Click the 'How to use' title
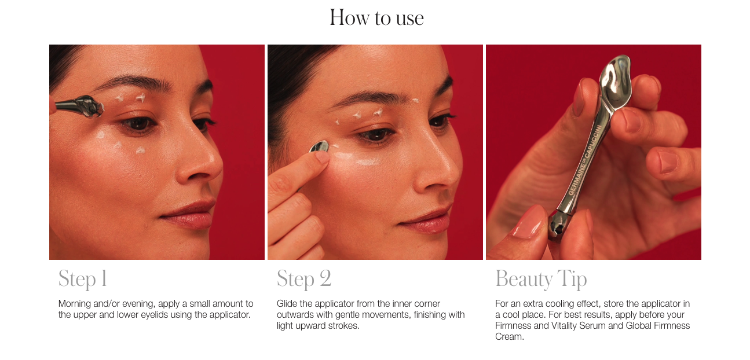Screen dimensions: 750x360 point(376,17)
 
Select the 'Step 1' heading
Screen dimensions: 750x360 point(83,279)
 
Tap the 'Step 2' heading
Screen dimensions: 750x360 point(304,279)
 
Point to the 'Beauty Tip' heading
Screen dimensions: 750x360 point(541,279)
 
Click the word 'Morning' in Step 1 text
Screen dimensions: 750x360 point(74,304)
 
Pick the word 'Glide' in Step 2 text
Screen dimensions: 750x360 point(287,303)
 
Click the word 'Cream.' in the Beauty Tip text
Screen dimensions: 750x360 point(510,337)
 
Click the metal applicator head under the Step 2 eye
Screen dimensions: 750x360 point(320,146)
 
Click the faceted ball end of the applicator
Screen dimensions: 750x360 point(558,226)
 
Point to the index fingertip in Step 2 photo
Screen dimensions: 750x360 point(321,157)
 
